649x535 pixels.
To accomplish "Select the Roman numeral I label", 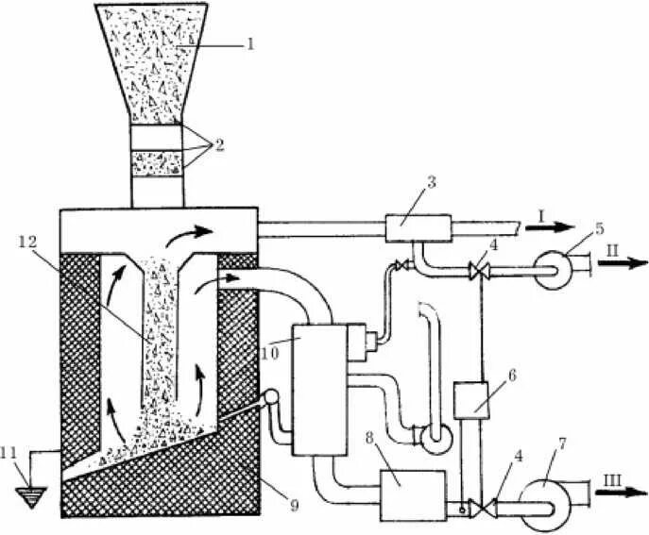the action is (534, 218).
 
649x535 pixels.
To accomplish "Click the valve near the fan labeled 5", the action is (470, 272).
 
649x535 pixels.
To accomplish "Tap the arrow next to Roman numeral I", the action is (557, 226).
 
